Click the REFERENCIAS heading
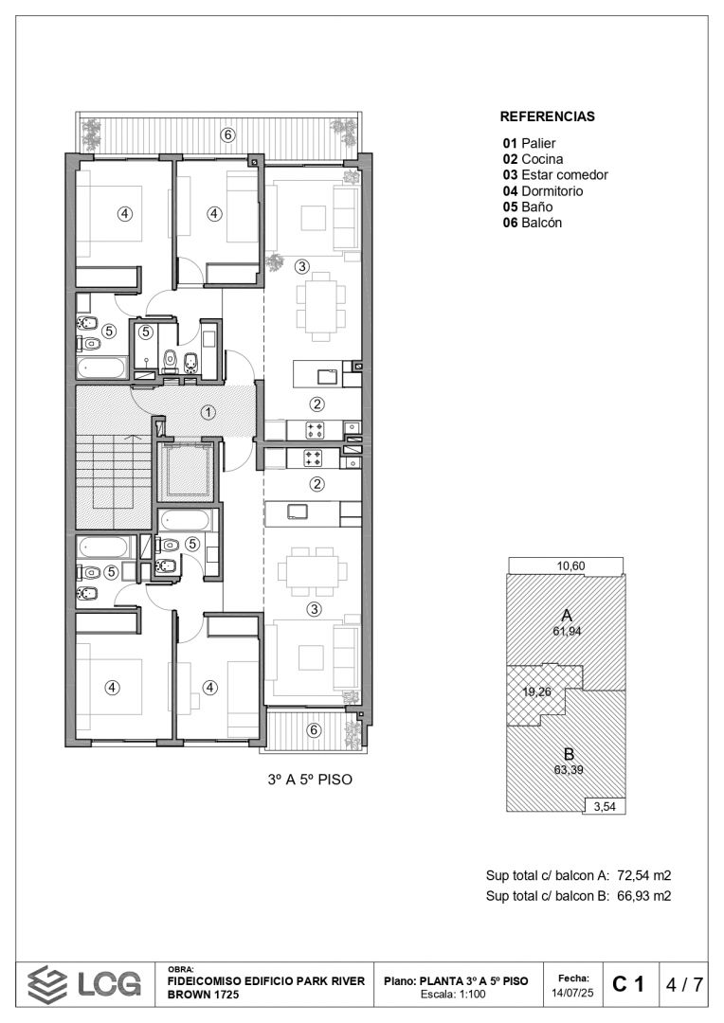point(547,117)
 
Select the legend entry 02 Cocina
point(533,159)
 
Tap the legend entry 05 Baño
point(528,206)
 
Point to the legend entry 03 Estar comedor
point(555,175)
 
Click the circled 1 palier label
point(208,412)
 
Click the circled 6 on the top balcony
point(227,135)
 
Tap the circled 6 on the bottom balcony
point(314,730)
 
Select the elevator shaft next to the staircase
point(188,470)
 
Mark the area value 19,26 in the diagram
point(536,692)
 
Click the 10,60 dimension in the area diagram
point(570,566)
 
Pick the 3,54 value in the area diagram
point(605,806)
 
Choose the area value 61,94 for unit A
point(567,631)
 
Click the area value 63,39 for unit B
point(569,770)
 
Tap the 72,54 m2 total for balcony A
point(643,875)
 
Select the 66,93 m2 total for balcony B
point(643,896)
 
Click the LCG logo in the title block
point(84,984)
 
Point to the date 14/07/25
point(572,993)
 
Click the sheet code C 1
point(628,984)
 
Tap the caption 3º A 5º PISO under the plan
point(310,780)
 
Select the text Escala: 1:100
point(453,995)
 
